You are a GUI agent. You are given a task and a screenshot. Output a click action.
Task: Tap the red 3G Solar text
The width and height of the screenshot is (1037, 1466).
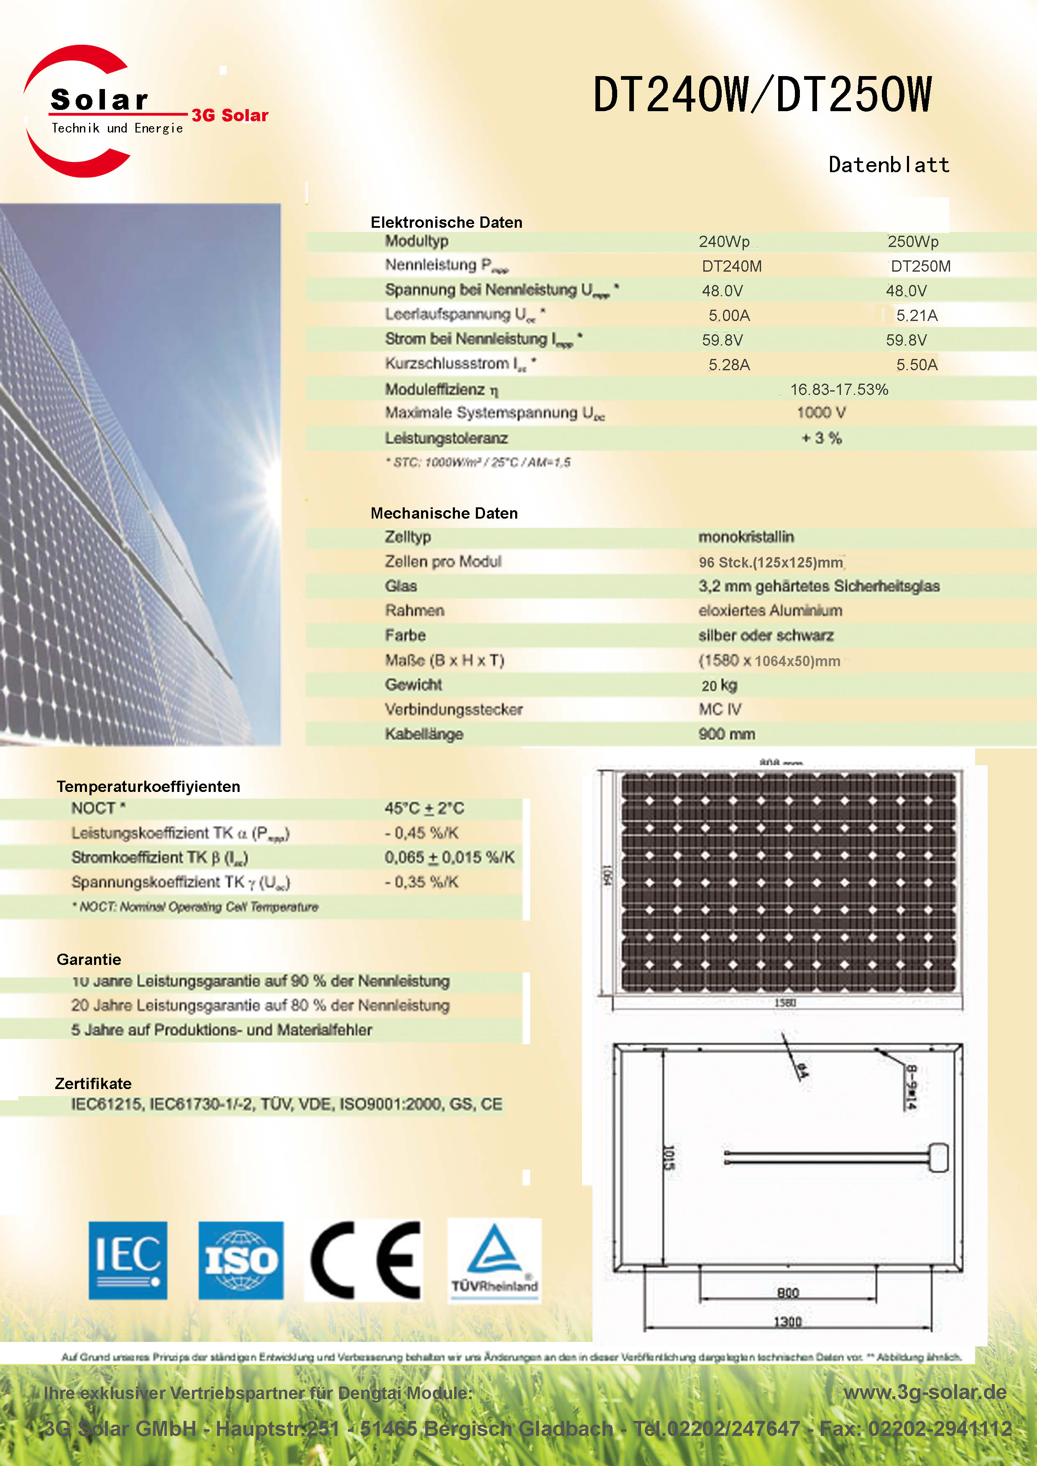point(230,116)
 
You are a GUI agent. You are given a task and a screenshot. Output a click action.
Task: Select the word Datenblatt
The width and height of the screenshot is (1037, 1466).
point(889,165)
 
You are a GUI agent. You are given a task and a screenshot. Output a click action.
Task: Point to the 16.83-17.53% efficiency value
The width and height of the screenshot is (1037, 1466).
point(839,389)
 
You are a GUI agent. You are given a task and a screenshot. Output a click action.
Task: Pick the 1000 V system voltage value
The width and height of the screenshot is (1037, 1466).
point(821,413)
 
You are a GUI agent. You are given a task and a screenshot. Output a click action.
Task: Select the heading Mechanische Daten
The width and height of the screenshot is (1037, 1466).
point(444,513)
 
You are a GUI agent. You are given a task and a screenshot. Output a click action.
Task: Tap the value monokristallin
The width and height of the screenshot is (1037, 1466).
point(746,537)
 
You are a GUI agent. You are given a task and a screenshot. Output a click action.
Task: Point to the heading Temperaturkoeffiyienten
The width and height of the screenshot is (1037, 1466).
point(148,786)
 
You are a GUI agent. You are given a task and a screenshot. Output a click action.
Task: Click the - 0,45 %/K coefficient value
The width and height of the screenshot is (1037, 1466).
point(421,833)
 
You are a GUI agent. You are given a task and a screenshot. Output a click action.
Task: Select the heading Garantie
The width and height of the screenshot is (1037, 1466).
point(89,960)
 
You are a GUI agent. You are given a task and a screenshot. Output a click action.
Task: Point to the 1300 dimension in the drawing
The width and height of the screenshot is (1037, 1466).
point(787,1322)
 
